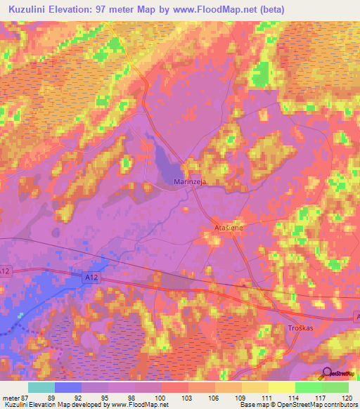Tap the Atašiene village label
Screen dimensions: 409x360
click(227, 229)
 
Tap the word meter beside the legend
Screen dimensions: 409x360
click(11, 396)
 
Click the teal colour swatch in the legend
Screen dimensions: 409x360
click(41, 387)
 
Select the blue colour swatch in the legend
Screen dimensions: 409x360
click(68, 387)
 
